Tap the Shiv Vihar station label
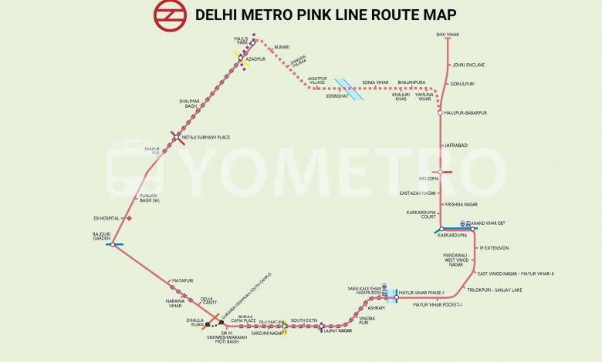[448, 35]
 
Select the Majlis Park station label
[241, 41]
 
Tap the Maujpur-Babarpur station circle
[440, 113]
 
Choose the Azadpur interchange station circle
[241, 59]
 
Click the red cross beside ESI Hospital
[129, 218]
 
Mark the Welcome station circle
[440, 172]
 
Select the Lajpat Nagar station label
[337, 330]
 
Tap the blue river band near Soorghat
[354, 90]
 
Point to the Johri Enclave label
[468, 65]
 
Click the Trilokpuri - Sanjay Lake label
[494, 290]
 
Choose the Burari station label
[282, 47]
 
